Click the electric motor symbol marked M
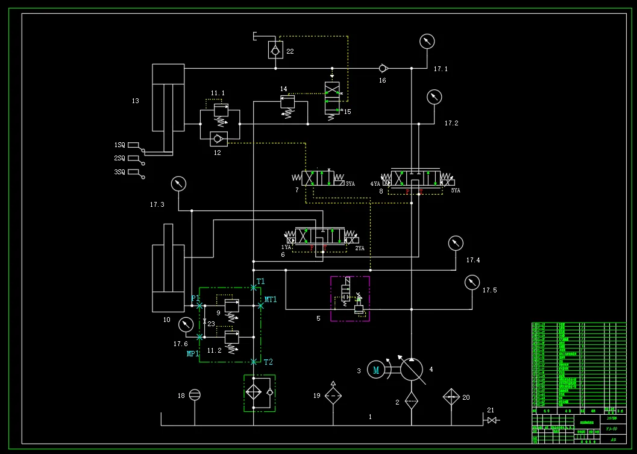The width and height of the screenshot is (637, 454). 376,370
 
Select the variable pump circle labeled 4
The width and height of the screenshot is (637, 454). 412,369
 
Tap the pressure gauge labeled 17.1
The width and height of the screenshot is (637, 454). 427,41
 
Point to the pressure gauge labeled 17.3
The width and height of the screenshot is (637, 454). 178,184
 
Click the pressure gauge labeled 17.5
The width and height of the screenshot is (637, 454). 472,282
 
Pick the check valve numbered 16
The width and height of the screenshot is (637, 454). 383,68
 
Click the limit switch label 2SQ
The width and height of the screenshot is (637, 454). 120,159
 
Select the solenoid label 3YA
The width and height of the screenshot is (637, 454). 350,184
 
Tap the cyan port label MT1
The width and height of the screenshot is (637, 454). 271,300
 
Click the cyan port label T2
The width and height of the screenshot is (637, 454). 268,362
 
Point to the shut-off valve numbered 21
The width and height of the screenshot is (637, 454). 492,420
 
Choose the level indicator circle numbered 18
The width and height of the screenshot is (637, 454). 195,395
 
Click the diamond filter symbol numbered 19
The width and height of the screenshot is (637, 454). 333,396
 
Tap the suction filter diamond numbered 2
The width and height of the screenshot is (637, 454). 410,400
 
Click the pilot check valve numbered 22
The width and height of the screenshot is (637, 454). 275,51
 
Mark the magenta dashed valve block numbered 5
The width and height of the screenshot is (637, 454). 350,298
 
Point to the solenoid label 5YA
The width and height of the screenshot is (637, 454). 456,191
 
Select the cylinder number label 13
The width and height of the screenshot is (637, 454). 135,101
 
